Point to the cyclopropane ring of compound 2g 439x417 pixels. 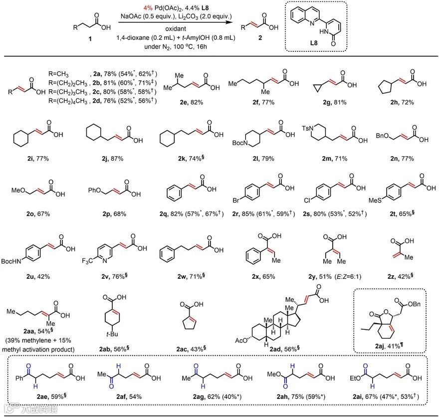[316, 85]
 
